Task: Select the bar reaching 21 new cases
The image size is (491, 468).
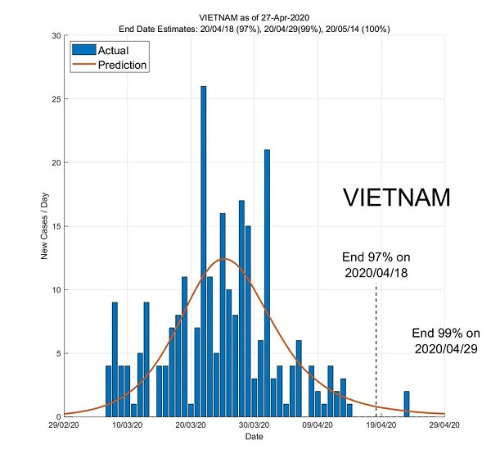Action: tap(267, 283)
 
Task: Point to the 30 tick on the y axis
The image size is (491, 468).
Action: tap(54, 36)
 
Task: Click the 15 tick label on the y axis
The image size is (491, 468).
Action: tap(54, 226)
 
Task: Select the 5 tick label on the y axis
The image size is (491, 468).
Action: tap(56, 353)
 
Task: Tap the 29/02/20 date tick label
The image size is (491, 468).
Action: tap(64, 426)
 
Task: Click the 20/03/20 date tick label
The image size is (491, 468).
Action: tap(191, 426)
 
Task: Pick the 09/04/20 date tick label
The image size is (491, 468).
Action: tap(318, 426)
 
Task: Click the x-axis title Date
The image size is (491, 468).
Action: tap(254, 438)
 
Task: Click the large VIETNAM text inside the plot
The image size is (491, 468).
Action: tap(396, 198)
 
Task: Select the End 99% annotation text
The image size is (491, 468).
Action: tap(445, 341)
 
